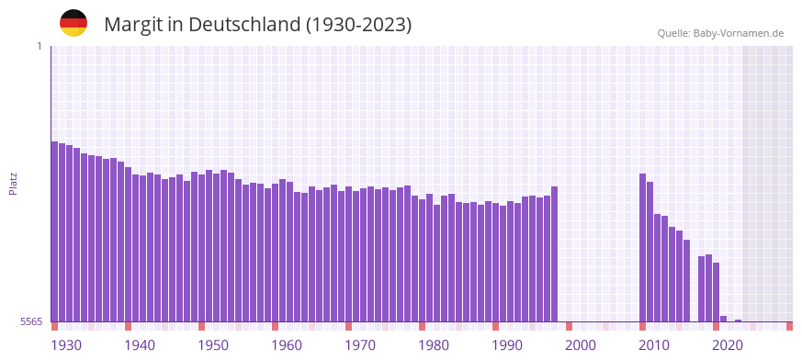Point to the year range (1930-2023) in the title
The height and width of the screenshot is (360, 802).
tap(359, 25)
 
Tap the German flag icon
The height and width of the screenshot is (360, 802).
tap(73, 23)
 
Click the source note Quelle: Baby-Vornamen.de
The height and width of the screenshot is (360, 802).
tap(720, 33)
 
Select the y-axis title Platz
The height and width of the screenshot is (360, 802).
tap(13, 183)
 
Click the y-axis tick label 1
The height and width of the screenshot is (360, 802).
tap(40, 46)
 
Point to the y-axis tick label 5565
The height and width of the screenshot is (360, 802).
tap(30, 322)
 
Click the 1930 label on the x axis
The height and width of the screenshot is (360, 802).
tap(66, 345)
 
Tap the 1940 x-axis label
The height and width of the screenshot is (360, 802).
tap(140, 345)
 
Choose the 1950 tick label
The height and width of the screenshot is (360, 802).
tap(213, 345)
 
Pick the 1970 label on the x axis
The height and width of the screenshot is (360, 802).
tap(360, 345)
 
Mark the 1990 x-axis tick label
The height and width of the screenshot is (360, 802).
tap(507, 345)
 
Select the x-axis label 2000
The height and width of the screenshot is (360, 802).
tap(581, 345)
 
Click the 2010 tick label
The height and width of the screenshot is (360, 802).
tap(654, 345)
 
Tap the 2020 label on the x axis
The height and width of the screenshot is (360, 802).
tap(728, 345)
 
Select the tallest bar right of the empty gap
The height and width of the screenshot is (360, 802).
tap(642, 248)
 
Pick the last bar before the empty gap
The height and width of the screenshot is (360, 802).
tap(554, 254)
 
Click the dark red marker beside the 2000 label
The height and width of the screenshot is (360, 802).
tap(569, 326)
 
